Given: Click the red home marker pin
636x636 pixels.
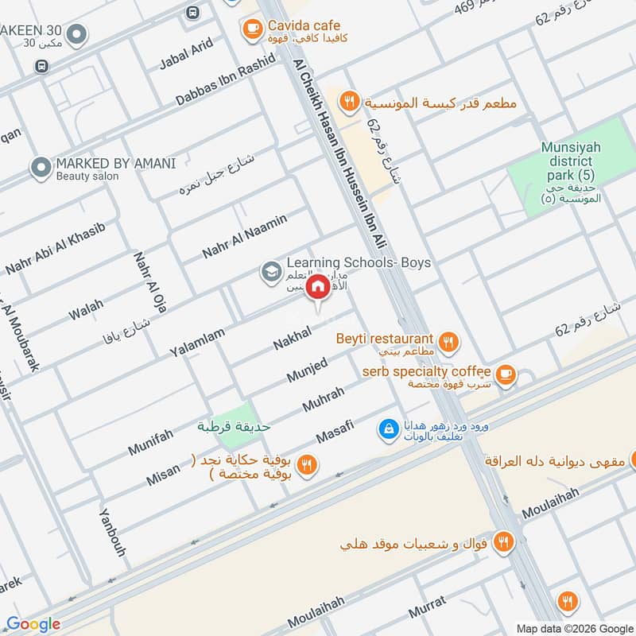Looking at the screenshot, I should point(318,287).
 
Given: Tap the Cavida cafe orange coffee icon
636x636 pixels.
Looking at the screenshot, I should point(252,29).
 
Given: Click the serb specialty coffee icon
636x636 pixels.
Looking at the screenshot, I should point(503,374).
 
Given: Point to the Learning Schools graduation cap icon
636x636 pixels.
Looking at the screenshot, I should point(271,272).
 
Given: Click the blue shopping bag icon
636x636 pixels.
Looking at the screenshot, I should point(387,429).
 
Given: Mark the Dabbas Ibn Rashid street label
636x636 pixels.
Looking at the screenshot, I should point(225,80).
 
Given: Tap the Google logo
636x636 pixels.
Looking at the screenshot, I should point(33,624).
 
